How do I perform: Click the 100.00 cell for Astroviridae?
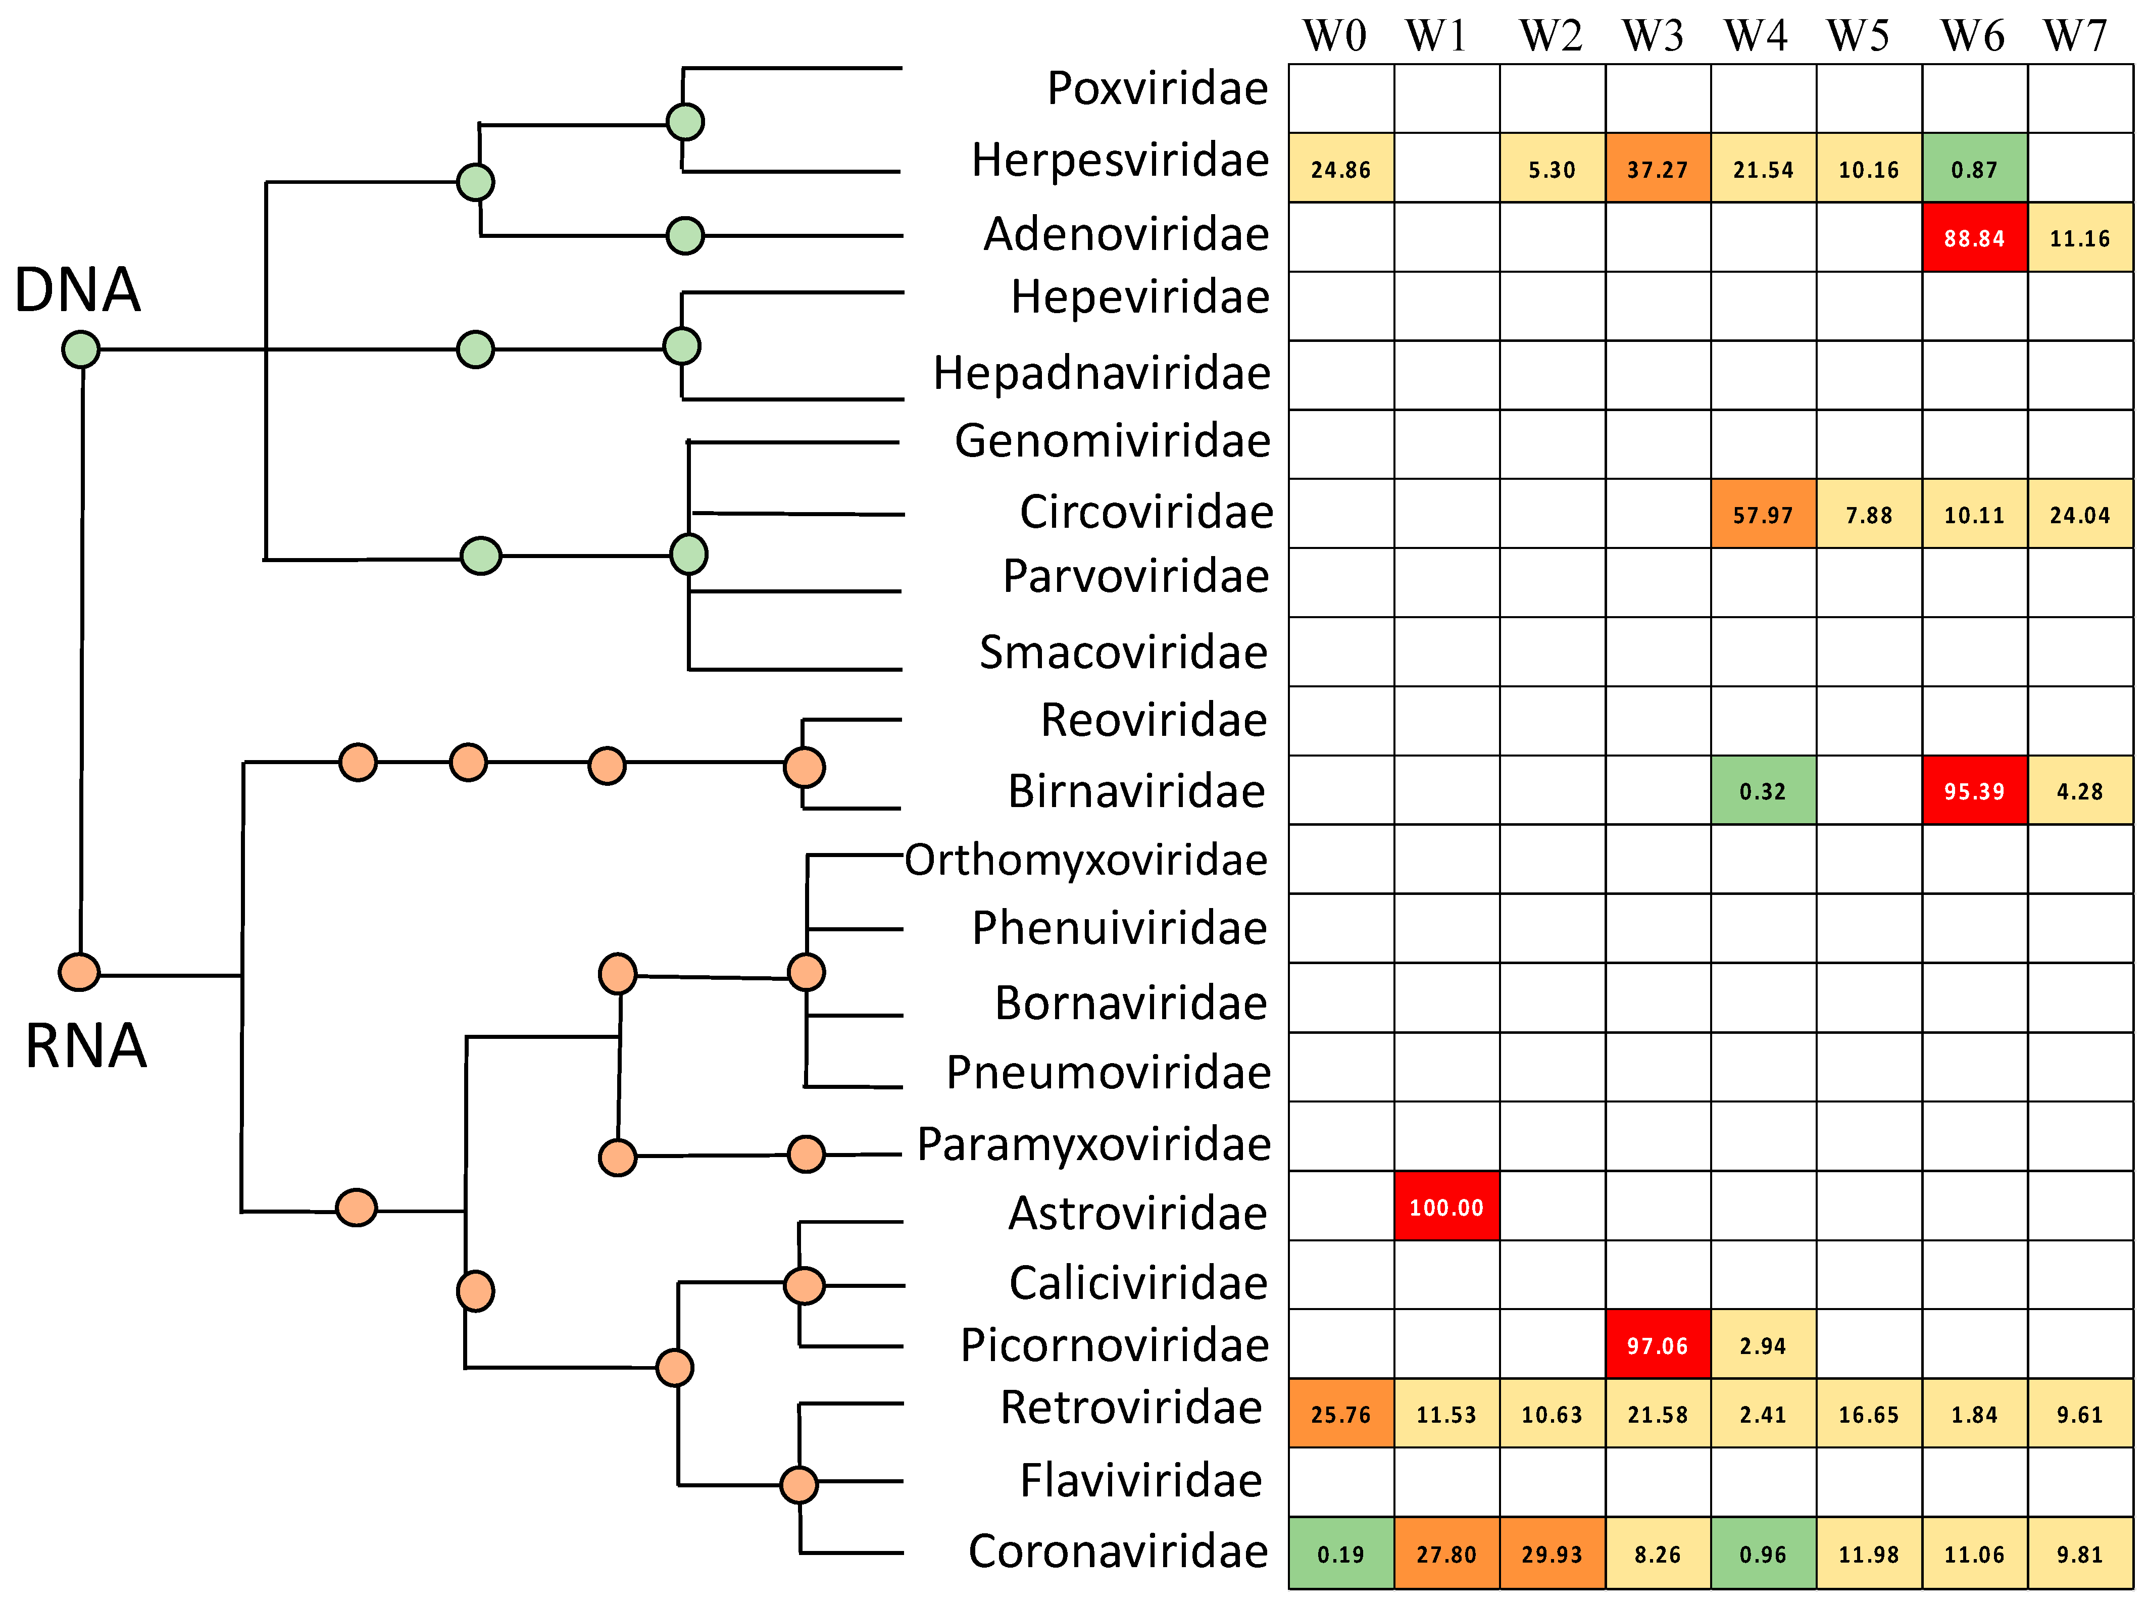click(1446, 1207)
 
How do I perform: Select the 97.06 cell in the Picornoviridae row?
click(1657, 1345)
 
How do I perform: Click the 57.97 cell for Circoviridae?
click(1763, 515)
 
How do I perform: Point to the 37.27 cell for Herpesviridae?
click(1657, 169)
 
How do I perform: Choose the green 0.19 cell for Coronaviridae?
click(1340, 1553)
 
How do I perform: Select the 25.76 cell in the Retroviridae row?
click(1340, 1414)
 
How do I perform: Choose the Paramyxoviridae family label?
click(1093, 1144)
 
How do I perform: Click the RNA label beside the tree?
click(85, 1046)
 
